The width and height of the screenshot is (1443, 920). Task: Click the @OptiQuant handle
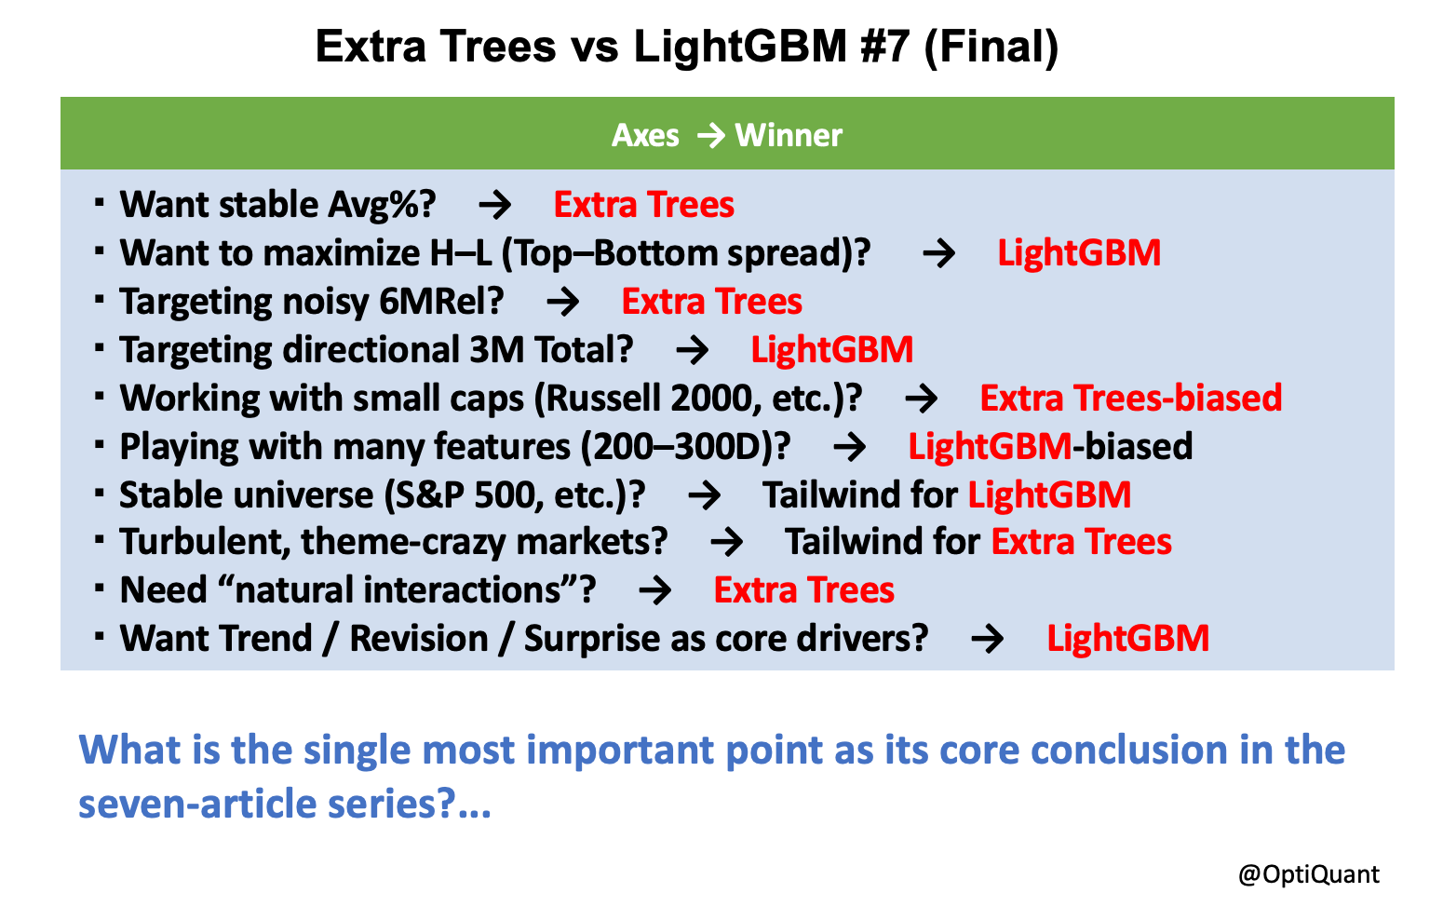click(1308, 874)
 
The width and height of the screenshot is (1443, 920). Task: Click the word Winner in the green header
click(789, 136)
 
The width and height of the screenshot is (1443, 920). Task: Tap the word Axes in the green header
click(645, 136)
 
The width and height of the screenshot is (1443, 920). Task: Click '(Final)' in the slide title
click(991, 47)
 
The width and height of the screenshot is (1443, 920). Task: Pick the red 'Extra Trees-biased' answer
click(1130, 399)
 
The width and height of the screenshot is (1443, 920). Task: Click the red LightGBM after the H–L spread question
click(1079, 253)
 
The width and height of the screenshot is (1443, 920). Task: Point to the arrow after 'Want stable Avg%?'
click(495, 205)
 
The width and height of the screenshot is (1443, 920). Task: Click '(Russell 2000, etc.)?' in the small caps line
click(697, 399)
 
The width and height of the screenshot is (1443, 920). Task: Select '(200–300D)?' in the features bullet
click(685, 447)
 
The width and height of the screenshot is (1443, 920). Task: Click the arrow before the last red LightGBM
click(987, 640)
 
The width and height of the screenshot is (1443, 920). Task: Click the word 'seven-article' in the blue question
click(196, 804)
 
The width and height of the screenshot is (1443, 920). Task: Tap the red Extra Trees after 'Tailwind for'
click(1081, 542)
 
